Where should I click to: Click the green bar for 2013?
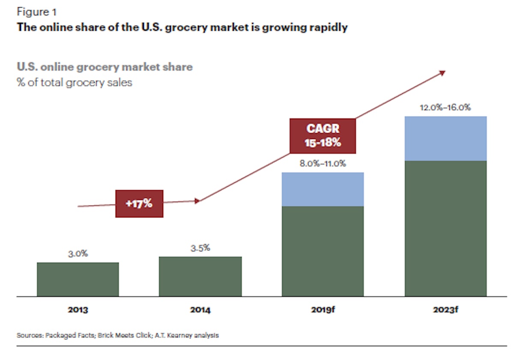(78, 279)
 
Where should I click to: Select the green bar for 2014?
(200, 276)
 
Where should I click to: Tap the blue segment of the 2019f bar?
(323, 189)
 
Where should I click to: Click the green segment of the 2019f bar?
(323, 251)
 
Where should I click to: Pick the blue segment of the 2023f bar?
(445, 138)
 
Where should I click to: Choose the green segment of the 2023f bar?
(445, 228)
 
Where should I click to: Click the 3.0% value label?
(78, 253)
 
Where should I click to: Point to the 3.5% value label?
(200, 248)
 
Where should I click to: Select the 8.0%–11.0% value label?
(323, 163)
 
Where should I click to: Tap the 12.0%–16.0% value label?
(445, 107)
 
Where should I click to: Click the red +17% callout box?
(139, 204)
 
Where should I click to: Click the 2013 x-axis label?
(78, 309)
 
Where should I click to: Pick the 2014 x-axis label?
(200, 309)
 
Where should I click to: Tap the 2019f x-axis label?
(323, 309)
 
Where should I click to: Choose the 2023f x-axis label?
(445, 309)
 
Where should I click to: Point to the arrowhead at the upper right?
(442, 73)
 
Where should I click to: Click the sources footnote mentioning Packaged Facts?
(117, 335)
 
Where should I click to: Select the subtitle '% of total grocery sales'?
(74, 82)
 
